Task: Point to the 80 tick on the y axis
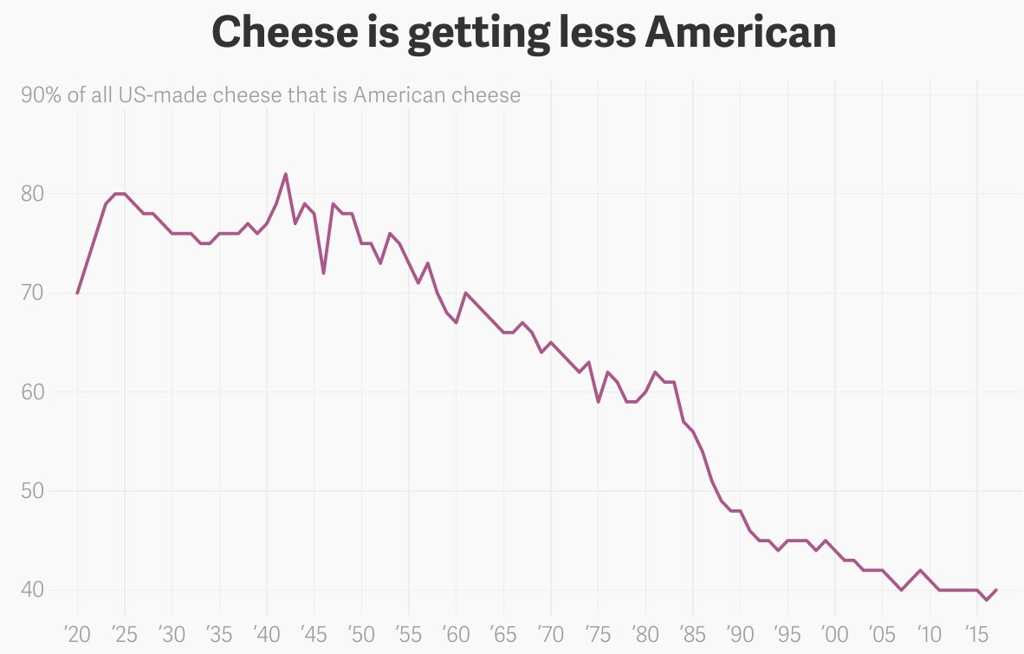pyautogui.click(x=31, y=193)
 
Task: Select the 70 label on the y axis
pyautogui.click(x=31, y=293)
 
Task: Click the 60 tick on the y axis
pyautogui.click(x=31, y=392)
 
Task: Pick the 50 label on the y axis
pyautogui.click(x=31, y=491)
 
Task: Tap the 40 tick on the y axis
pyautogui.click(x=31, y=590)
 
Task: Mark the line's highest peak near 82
pyautogui.click(x=286, y=174)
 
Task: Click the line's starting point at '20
pyautogui.click(x=78, y=293)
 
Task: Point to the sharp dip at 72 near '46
pyautogui.click(x=323, y=273)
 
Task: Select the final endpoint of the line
pyautogui.click(x=996, y=590)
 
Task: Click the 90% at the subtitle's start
pyautogui.click(x=41, y=95)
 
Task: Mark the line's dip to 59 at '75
pyautogui.click(x=598, y=402)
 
